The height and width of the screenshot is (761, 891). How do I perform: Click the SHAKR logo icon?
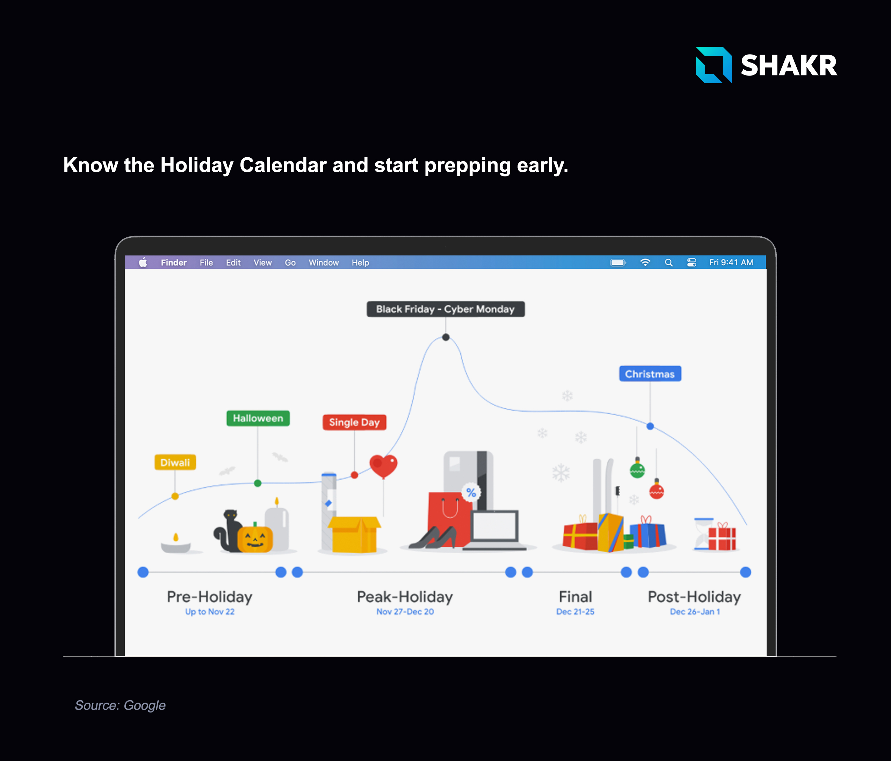(713, 65)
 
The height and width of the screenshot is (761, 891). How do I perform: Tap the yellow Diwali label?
(175, 462)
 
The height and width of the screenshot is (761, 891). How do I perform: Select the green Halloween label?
(258, 418)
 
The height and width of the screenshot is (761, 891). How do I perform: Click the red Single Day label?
(354, 422)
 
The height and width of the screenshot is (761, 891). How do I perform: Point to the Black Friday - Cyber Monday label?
(445, 309)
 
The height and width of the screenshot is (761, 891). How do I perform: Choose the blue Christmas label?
(650, 374)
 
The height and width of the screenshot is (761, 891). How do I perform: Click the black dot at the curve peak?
(446, 337)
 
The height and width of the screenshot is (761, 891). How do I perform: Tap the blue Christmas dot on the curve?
(650, 426)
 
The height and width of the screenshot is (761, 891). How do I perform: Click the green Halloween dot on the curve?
(258, 483)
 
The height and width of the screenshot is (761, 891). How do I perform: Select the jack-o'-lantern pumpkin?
(255, 538)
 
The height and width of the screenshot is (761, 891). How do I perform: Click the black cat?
(228, 531)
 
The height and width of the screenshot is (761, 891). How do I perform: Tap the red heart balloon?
(383, 466)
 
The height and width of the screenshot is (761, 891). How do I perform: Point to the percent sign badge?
(471, 493)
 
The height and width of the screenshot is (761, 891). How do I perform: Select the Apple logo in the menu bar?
(143, 262)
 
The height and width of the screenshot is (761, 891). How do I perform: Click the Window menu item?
(324, 263)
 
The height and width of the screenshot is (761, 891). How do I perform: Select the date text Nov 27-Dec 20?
(405, 612)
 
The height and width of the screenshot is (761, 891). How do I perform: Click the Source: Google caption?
(120, 705)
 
